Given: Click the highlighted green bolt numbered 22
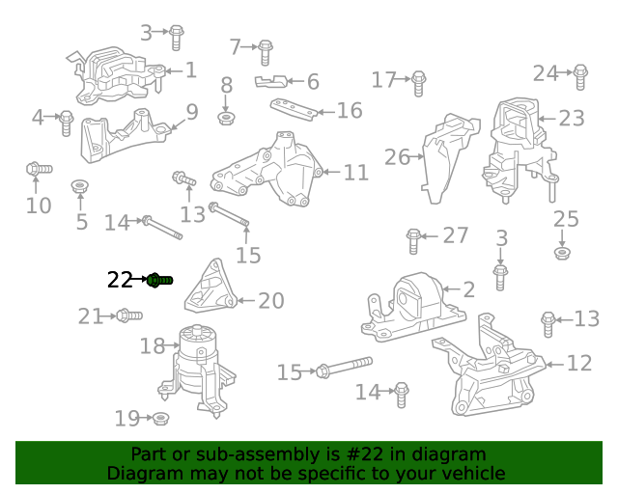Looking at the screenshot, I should [x=160, y=280].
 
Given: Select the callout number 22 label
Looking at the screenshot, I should [x=120, y=280].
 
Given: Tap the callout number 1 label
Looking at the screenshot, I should [x=190, y=69].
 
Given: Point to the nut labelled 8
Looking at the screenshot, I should [x=225, y=118].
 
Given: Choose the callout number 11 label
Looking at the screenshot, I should [x=355, y=173].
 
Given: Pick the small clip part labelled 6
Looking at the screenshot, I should [x=272, y=81].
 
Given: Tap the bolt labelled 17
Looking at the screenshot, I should [x=418, y=83].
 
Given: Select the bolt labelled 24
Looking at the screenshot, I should [x=579, y=75].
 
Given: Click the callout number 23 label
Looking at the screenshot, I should [x=571, y=118].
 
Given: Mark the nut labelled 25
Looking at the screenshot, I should [x=562, y=253].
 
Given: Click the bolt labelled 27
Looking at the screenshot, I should [x=413, y=236].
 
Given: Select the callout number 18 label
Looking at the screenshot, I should [x=153, y=345].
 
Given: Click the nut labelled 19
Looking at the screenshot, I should [x=161, y=418].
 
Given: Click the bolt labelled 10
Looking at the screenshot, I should [x=38, y=171].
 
